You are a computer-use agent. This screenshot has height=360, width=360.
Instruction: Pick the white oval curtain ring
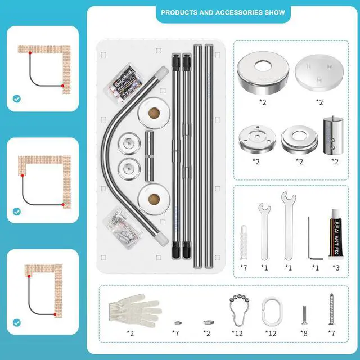point(272,309)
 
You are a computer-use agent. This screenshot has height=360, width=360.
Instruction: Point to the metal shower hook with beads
point(236,309)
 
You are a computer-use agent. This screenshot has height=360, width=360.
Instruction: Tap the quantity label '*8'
point(304,334)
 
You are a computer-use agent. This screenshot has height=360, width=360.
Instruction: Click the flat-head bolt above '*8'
point(303,316)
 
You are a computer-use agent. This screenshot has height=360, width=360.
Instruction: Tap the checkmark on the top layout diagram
point(17,99)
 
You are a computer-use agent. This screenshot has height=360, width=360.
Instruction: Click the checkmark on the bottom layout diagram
point(17,323)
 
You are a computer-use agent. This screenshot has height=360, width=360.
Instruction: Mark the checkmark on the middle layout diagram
point(17,211)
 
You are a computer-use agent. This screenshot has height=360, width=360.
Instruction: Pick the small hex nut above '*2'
point(207,323)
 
